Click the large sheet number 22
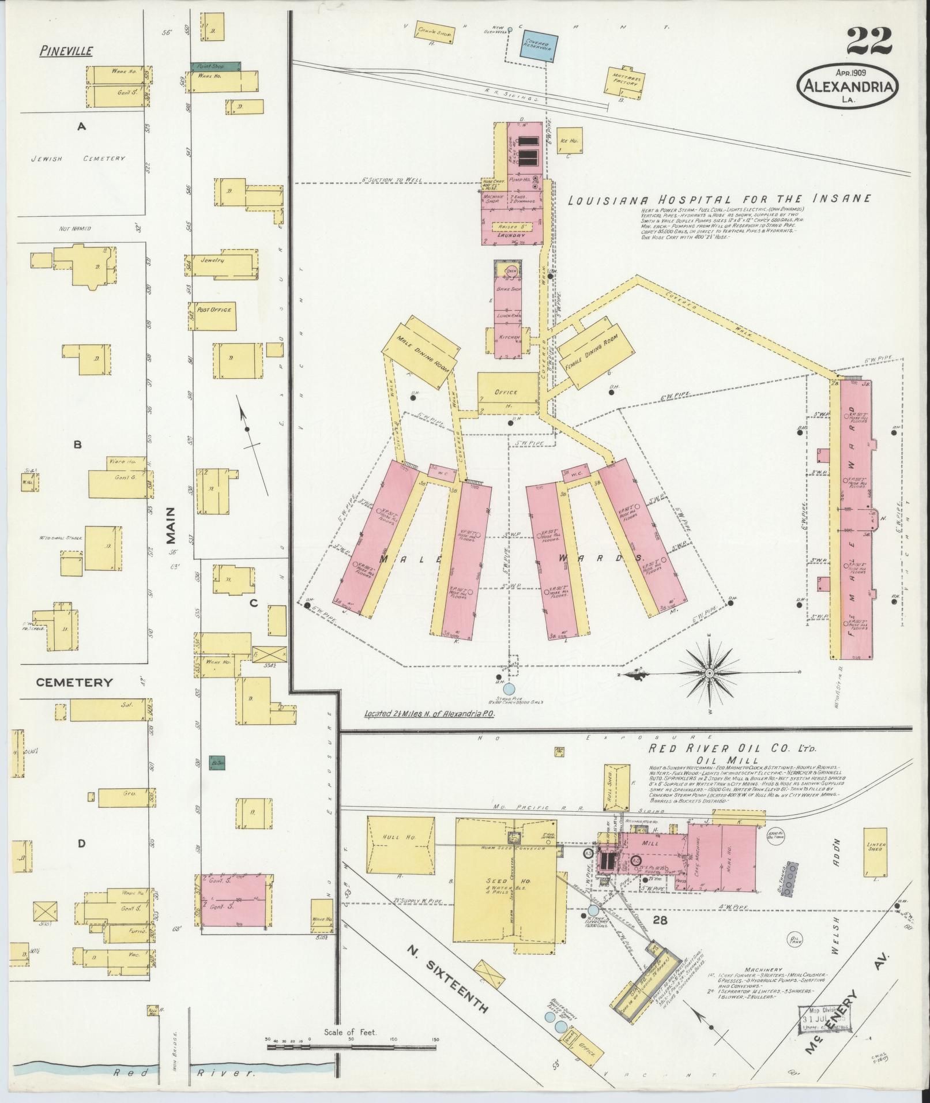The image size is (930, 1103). pyautogui.click(x=870, y=42)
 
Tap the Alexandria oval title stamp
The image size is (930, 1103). pyautogui.click(x=848, y=86)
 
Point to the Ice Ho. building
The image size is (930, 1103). pyautogui.click(x=570, y=140)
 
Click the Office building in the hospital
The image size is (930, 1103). pyautogui.click(x=506, y=392)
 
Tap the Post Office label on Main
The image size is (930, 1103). pyautogui.click(x=214, y=310)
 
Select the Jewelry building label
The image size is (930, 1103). pyautogui.click(x=212, y=260)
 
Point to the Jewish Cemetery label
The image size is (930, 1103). pyautogui.click(x=78, y=158)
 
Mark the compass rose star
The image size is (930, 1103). pyautogui.click(x=709, y=673)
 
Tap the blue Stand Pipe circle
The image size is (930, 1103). pyautogui.click(x=509, y=688)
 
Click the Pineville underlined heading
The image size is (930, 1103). pyautogui.click(x=66, y=51)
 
